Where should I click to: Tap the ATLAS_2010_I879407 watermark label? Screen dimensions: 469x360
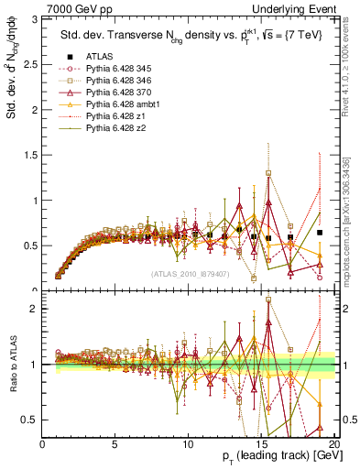(x=192, y=274)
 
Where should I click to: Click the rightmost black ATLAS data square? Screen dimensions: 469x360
(x=320, y=233)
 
